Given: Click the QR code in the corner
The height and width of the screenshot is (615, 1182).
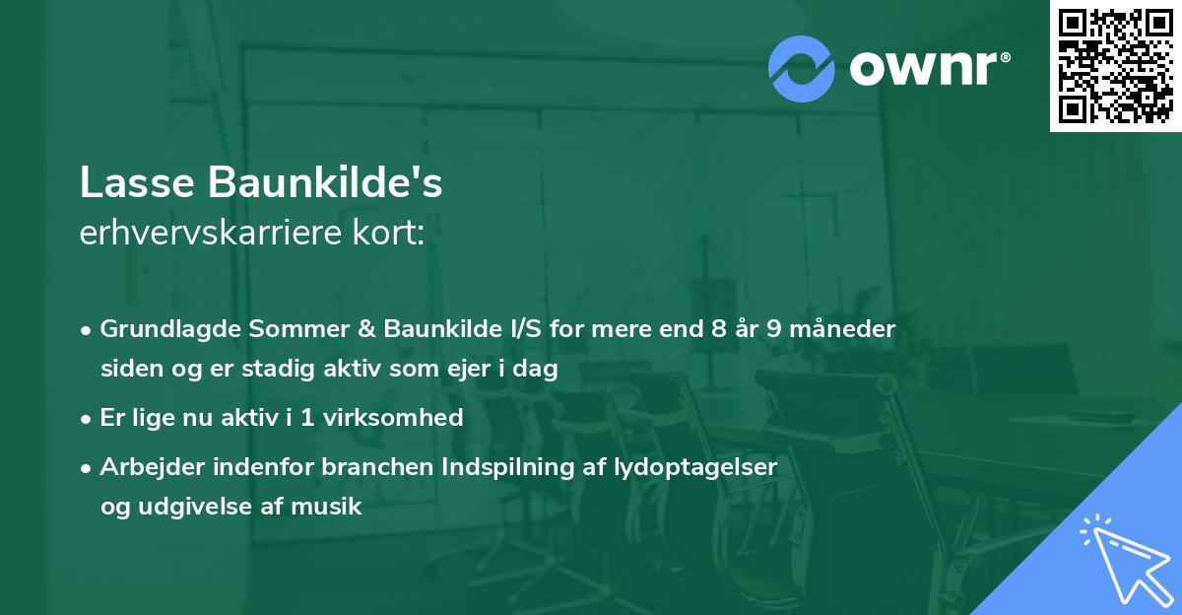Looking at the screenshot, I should point(1116,65).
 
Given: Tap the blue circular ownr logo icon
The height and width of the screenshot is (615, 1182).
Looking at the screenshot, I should point(802,69).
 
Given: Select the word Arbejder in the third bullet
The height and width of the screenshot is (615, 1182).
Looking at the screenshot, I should point(148,467).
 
